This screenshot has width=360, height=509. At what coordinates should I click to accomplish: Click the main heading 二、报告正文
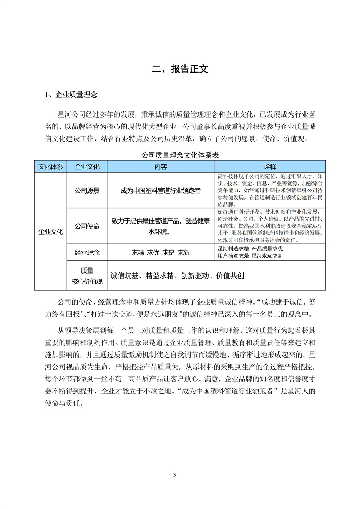[x=180, y=69]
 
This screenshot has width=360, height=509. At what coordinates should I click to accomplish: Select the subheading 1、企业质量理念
[x=71, y=95]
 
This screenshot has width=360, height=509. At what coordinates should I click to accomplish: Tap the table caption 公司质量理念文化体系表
[x=180, y=155]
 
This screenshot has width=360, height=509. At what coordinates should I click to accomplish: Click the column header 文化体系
[x=51, y=167]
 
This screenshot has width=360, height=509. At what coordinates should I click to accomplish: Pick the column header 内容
[x=161, y=167]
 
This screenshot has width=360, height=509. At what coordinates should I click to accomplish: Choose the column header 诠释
[x=270, y=167]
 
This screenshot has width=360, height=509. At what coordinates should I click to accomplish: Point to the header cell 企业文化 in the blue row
[x=87, y=167]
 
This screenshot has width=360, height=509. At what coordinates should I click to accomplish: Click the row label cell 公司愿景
[x=87, y=191]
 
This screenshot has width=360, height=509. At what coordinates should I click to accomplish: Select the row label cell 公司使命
[x=87, y=226]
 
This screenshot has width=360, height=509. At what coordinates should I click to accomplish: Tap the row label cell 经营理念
[x=87, y=252]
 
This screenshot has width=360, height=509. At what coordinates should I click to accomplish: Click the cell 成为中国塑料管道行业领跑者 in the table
[x=161, y=191]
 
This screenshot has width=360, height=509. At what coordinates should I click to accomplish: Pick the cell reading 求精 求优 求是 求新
[x=161, y=252]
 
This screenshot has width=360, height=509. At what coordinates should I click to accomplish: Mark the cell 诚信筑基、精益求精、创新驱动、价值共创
[x=178, y=275]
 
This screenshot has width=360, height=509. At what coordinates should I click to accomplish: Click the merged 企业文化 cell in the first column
[x=51, y=232]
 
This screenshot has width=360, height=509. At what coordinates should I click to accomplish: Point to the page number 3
[x=174, y=475]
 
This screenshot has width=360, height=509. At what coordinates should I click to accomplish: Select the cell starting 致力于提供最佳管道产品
[x=161, y=226]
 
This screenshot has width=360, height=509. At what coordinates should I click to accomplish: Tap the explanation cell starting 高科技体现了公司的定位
[x=270, y=191]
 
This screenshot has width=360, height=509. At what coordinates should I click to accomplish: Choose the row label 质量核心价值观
[x=87, y=276]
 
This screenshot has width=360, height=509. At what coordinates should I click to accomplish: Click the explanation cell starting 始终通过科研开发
[x=270, y=226]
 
